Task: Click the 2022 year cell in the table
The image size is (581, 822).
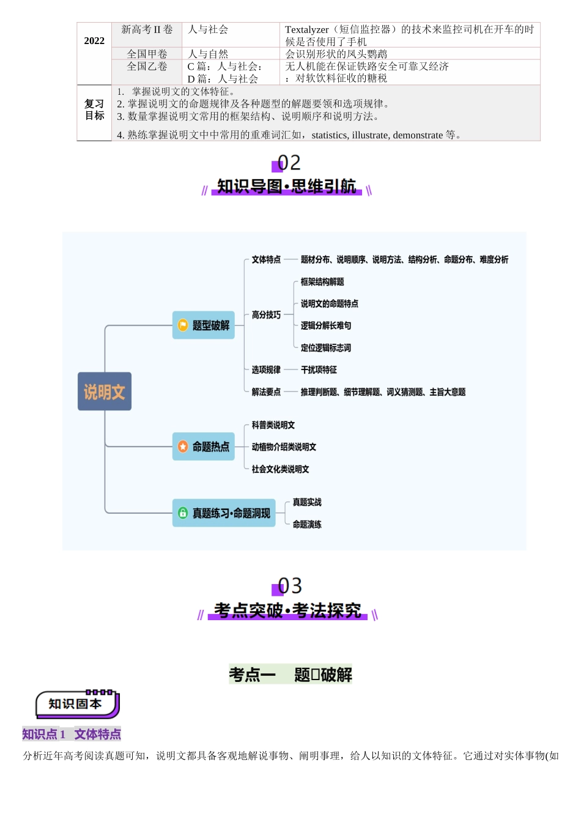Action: pyautogui.click(x=94, y=41)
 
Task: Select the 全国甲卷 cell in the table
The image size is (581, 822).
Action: pyautogui.click(x=147, y=54)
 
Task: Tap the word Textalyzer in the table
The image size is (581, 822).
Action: pyautogui.click(x=306, y=29)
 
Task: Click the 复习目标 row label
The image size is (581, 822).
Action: pyautogui.click(x=94, y=110)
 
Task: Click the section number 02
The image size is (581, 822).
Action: pyautogui.click(x=289, y=163)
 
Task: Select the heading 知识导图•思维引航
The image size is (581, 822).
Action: pyautogui.click(x=286, y=187)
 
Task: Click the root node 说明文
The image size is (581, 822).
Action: pyautogui.click(x=105, y=391)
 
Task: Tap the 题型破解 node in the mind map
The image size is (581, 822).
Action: pyautogui.click(x=204, y=325)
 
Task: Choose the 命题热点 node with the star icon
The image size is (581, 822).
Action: pyautogui.click(x=204, y=446)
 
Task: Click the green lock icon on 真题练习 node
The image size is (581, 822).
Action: pyautogui.click(x=183, y=513)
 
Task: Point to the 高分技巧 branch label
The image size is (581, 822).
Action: pyautogui.click(x=266, y=315)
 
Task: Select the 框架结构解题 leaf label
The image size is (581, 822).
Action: pyautogui.click(x=322, y=282)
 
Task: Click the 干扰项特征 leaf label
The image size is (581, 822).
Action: pyautogui.click(x=319, y=370)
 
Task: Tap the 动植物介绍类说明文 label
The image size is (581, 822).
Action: pyautogui.click(x=284, y=447)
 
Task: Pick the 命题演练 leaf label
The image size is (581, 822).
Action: pyautogui.click(x=307, y=524)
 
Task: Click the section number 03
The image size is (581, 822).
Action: pyautogui.click(x=289, y=586)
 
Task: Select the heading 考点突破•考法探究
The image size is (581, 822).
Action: pyautogui.click(x=287, y=610)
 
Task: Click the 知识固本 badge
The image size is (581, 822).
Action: pyautogui.click(x=76, y=704)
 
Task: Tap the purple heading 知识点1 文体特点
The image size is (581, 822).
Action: pyautogui.click(x=72, y=734)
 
